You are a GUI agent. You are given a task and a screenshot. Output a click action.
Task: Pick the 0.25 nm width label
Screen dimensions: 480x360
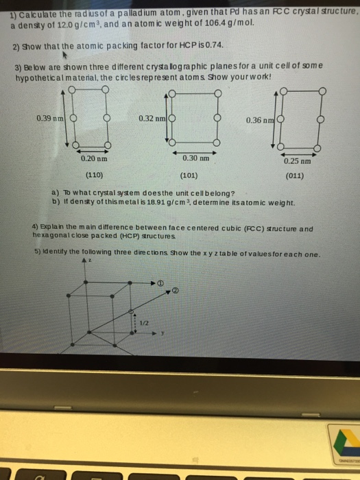tap(296, 163)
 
